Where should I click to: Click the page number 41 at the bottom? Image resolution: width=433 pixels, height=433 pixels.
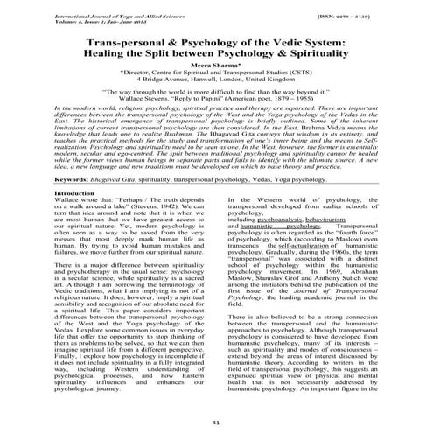tap(217, 422)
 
